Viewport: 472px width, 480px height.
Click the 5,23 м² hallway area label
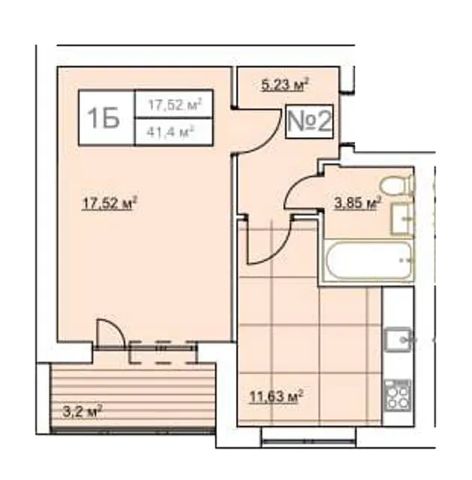pyautogui.click(x=285, y=85)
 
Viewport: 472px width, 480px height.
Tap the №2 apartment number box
pyautogui.click(x=309, y=121)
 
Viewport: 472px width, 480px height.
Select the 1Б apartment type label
pyautogui.click(x=103, y=118)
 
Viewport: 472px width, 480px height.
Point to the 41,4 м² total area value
pyautogui.click(x=171, y=132)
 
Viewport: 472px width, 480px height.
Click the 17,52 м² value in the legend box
pyautogui.click(x=175, y=104)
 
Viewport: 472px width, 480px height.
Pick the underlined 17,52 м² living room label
pyautogui.click(x=109, y=203)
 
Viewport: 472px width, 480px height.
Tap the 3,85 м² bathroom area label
pyautogui.click(x=358, y=202)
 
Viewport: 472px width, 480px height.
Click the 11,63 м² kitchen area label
pyautogui.click(x=276, y=397)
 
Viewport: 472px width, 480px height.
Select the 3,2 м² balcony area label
pyautogui.click(x=82, y=412)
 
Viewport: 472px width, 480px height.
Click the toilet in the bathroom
pyautogui.click(x=396, y=185)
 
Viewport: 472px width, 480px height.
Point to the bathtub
pyautogui.click(x=369, y=260)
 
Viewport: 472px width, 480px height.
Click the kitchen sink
pyautogui.click(x=398, y=339)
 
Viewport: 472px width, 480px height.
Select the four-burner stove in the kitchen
pyautogui.click(x=397, y=395)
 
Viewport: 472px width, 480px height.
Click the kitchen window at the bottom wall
pyautogui.click(x=309, y=442)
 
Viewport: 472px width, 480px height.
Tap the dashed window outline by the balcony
pyautogui.click(x=163, y=352)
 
